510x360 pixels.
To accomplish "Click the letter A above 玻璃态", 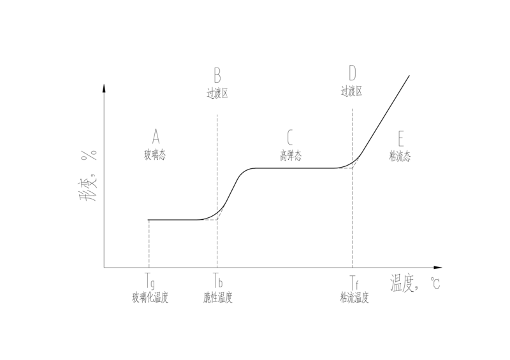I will (x=155, y=136).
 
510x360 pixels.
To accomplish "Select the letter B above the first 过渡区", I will (x=217, y=77).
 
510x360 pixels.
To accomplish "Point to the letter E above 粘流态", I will (x=400, y=138).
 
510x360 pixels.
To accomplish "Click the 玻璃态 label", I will (x=155, y=154).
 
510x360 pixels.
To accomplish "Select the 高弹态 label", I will (x=290, y=155).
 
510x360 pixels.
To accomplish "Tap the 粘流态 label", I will (x=400, y=156).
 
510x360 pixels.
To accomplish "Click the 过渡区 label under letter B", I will (x=217, y=93).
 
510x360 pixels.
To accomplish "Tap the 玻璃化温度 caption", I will (x=150, y=298).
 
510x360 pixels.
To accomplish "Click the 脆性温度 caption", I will (x=217, y=298).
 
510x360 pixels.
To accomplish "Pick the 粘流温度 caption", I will (x=354, y=298).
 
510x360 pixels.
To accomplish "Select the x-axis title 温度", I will (x=403, y=282).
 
